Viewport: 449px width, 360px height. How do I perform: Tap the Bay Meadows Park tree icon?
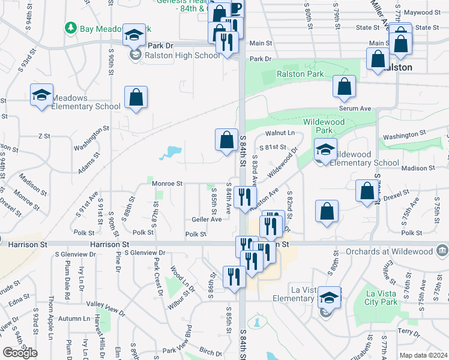(71, 28)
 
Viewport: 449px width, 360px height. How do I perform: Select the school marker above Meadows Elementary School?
(42, 95)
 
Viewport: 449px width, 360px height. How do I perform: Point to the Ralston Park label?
(300, 74)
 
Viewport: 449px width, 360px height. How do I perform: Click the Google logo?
(20, 353)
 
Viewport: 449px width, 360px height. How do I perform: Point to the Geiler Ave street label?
(206, 220)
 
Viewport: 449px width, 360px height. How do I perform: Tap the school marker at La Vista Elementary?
(328, 298)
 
